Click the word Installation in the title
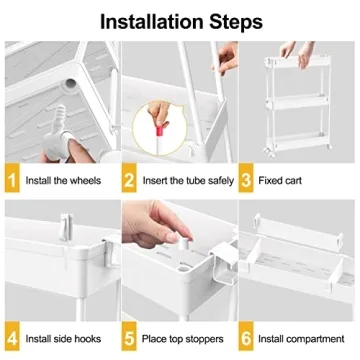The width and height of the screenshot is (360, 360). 152,22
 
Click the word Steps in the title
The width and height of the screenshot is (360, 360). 236,22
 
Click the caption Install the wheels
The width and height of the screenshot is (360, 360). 63,181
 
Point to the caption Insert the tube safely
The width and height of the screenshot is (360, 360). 188,181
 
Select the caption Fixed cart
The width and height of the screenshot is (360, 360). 280,181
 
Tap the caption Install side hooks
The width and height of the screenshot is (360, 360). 63,339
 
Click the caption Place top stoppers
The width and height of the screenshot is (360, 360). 183,339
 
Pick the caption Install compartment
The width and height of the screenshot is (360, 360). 301,339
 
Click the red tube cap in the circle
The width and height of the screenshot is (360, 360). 161,129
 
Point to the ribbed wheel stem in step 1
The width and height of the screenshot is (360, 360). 60,119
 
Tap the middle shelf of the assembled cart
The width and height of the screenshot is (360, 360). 297,103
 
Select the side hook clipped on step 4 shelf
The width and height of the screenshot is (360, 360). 66,228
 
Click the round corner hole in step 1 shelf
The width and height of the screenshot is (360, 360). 70,82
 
